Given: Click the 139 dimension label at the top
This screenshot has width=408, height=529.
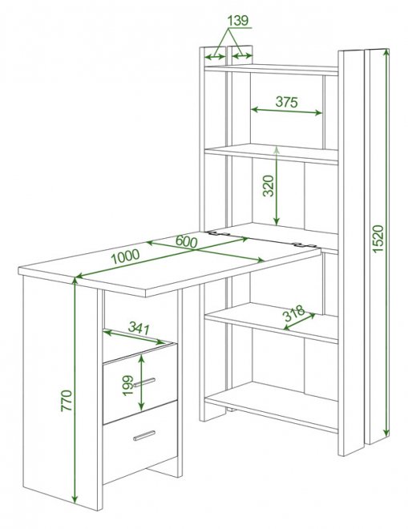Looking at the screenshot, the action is point(238,21).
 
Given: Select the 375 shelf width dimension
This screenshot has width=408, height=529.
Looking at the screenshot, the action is point(286,101).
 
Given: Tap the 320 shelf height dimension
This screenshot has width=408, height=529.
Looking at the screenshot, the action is point(269,186).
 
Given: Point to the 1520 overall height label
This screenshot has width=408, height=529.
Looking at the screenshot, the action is point(378,238).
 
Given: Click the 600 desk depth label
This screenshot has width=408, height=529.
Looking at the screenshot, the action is point(186,241).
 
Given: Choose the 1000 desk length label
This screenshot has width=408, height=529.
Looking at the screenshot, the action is point(125,256).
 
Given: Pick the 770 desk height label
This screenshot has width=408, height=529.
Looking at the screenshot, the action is point(67,401).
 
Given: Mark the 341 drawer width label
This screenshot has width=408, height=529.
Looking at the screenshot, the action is point(139,328).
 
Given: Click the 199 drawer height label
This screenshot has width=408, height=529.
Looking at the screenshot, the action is point(128,386).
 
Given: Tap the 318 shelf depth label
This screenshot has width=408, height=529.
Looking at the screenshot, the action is point(293,313).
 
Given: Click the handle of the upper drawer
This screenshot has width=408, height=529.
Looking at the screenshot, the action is point(144,382).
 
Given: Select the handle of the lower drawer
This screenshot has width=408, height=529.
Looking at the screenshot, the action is point(144,435).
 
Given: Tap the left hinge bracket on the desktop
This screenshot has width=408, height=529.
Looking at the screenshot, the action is point(218,233).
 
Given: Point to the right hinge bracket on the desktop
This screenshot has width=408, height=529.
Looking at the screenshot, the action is point(303,245).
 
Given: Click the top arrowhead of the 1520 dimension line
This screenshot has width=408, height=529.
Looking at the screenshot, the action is point(386,52).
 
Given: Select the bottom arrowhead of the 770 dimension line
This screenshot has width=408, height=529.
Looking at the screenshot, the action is point(75,499).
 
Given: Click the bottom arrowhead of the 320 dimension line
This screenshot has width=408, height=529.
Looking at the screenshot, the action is point(277,221).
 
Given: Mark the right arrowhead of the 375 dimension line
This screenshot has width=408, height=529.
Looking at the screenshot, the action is point(318,113).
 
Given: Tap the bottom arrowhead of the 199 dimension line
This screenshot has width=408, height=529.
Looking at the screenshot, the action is point(142,406).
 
